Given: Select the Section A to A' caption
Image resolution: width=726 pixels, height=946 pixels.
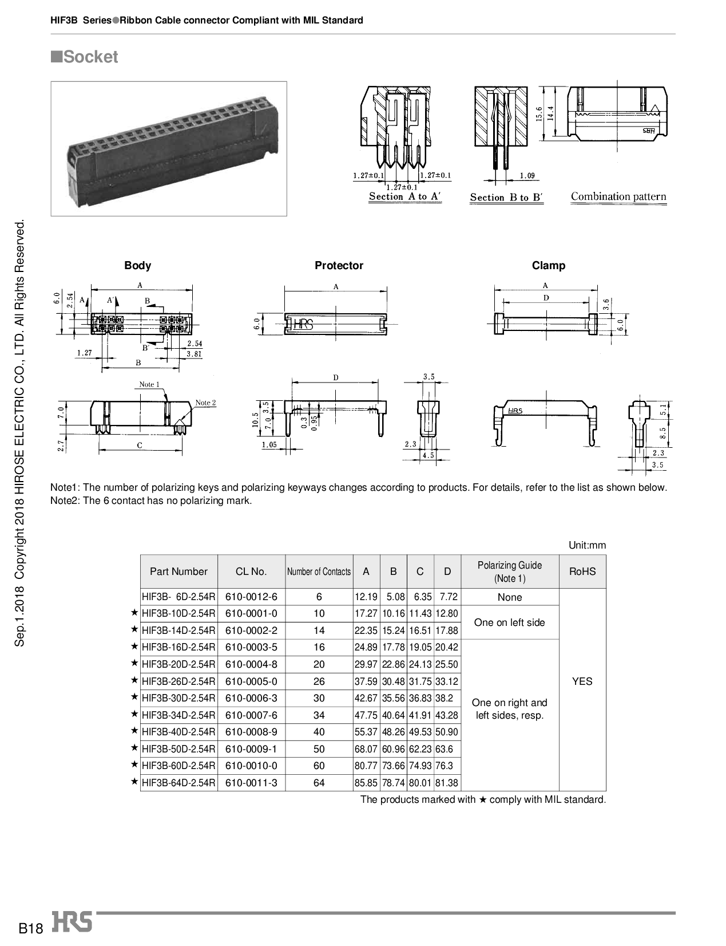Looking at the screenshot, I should point(404,196).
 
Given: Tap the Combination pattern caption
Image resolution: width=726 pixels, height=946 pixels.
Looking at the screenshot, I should point(618,196).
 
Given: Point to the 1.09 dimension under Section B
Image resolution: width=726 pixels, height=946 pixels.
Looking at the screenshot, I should point(527,176).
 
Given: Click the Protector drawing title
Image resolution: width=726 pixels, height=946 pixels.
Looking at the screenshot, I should point(339,265).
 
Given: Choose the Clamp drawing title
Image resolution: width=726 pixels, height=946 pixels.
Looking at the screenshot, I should point(548,265).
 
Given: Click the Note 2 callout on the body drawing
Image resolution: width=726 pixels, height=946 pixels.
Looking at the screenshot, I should point(205,403).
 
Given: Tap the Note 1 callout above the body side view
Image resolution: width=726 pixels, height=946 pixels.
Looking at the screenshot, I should point(149,384).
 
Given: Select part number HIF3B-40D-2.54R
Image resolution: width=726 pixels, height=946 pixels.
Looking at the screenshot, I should point(178,732).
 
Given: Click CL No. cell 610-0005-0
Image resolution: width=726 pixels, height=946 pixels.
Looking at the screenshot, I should point(251,681).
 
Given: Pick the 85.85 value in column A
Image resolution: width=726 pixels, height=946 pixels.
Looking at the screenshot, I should point(366,783).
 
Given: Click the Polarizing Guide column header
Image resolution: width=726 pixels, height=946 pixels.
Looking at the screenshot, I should point(509,571).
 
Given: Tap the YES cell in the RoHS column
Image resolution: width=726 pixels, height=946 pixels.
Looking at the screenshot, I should point(582,681).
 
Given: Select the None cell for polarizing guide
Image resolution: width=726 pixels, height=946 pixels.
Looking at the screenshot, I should point(509,597).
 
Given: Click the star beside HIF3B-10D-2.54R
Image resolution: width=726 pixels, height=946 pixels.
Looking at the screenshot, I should point(134,613).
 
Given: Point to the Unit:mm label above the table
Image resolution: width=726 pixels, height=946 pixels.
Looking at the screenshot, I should point(587,545).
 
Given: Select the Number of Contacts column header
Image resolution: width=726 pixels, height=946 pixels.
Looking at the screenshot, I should point(319,571).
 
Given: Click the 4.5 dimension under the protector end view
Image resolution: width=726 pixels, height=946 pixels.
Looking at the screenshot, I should point(428,456).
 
